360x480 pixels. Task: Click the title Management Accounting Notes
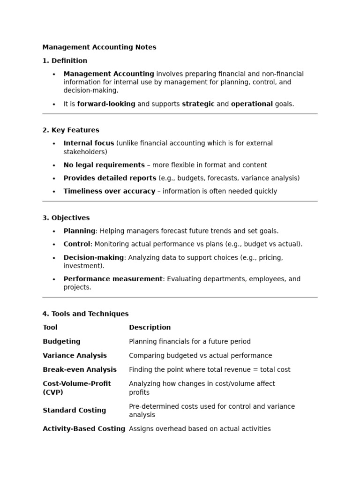(x=99, y=47)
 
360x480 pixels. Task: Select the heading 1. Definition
(x=65, y=60)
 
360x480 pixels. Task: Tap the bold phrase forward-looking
(x=106, y=104)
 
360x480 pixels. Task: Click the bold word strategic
(x=198, y=104)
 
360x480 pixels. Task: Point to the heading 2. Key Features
(x=71, y=130)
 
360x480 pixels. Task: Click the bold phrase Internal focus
(x=89, y=143)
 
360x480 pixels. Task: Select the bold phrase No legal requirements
(x=104, y=165)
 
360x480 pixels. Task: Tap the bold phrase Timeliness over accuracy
(x=109, y=191)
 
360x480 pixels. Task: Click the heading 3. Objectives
(x=66, y=218)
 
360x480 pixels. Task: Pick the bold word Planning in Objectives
(x=79, y=231)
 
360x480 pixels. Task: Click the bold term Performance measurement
(x=113, y=279)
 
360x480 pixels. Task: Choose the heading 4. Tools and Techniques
(x=85, y=314)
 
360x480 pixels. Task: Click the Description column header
(x=150, y=328)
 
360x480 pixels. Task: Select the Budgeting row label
(x=61, y=342)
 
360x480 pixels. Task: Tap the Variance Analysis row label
(x=75, y=356)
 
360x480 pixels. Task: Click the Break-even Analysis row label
(x=80, y=370)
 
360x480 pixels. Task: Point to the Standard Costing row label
(x=74, y=411)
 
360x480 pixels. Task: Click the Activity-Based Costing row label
(x=84, y=429)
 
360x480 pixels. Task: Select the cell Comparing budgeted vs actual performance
(x=200, y=356)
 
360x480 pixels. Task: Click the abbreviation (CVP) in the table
(x=52, y=392)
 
